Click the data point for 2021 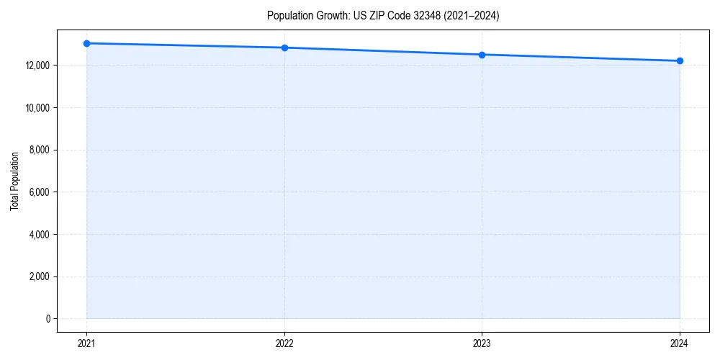[86, 43]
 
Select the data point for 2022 [284, 48]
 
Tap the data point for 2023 [482, 55]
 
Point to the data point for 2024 [680, 60]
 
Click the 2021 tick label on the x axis [86, 343]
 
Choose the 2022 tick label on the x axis [284, 343]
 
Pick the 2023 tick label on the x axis [482, 343]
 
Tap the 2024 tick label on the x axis [680, 343]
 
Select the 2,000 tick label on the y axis [38, 276]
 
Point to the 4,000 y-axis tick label [38, 235]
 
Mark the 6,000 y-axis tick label [38, 192]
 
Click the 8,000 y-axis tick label [38, 150]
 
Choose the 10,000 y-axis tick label [36, 108]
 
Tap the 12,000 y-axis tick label [36, 66]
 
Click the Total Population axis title [14, 181]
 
